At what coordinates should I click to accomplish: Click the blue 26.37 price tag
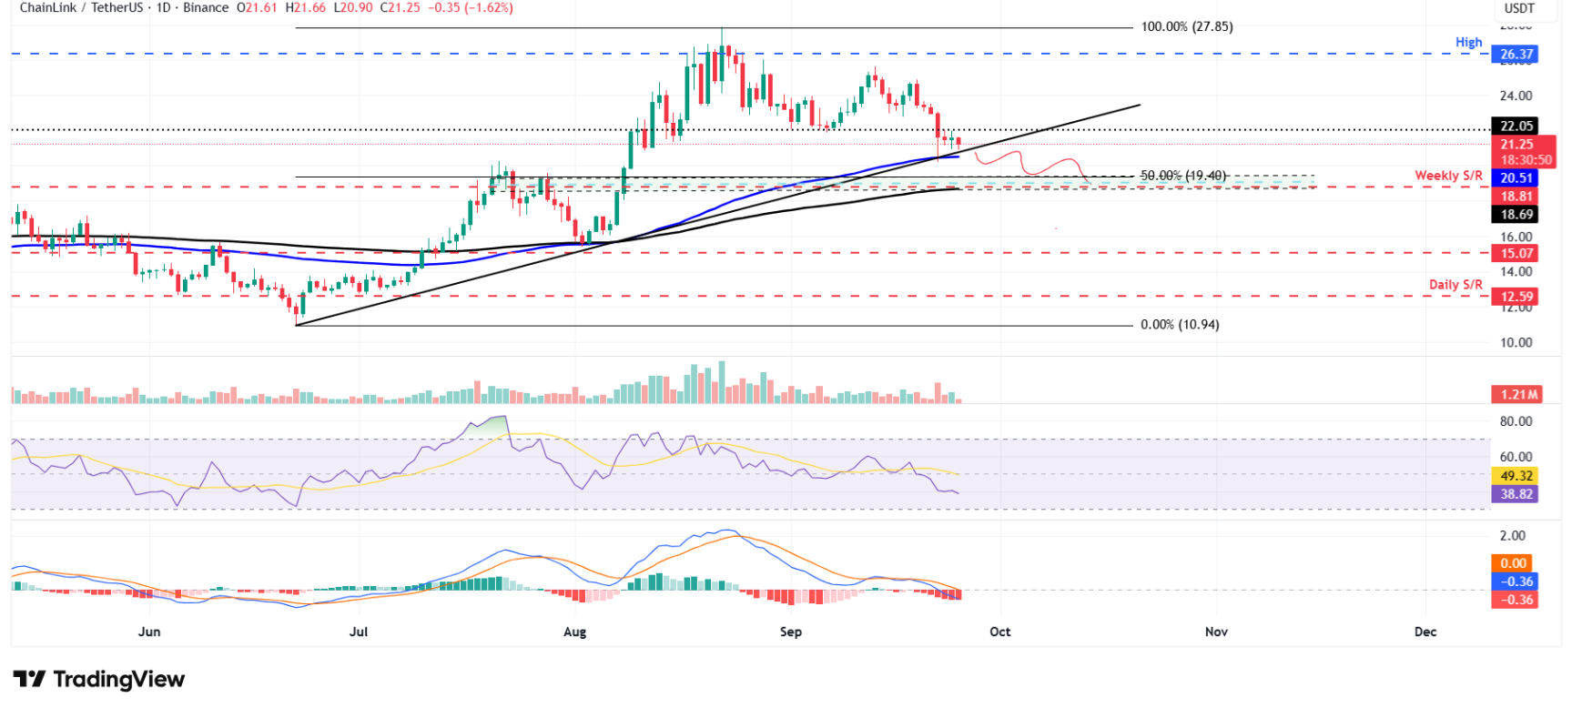click(1516, 55)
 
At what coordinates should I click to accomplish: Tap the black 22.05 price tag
click(1516, 126)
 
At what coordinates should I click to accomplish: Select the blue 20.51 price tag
click(1516, 178)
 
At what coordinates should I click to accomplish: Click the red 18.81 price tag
click(1516, 197)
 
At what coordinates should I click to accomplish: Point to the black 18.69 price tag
click(1516, 215)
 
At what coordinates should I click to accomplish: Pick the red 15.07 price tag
click(1516, 254)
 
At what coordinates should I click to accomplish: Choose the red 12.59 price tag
click(1516, 297)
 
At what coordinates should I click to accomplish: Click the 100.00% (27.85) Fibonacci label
click(1187, 27)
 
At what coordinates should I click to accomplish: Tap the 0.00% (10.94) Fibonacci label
click(1180, 325)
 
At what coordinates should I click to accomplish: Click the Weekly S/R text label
click(1448, 176)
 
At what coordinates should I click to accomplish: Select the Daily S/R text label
click(1455, 285)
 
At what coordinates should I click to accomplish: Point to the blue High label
click(1468, 43)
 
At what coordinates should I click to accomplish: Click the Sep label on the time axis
click(791, 632)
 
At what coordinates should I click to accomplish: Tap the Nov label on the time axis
click(1216, 632)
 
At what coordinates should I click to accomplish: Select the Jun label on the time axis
click(149, 632)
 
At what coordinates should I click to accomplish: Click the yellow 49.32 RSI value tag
click(1516, 476)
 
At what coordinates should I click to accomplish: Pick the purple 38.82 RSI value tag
click(1516, 494)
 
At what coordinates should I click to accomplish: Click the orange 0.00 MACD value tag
click(1513, 563)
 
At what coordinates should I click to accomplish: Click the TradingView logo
click(99, 680)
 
